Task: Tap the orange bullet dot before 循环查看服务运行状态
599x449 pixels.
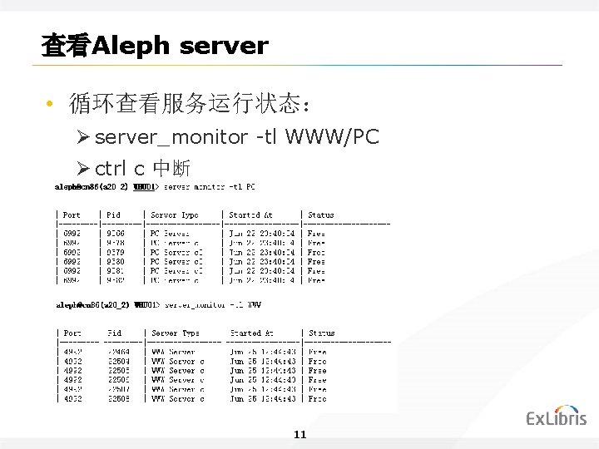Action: click(x=50, y=106)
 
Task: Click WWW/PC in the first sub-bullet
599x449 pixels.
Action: click(x=332, y=137)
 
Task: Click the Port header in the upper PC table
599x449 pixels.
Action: click(x=72, y=215)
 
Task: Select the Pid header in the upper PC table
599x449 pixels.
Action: click(x=113, y=215)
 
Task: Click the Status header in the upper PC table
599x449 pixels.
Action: click(x=320, y=215)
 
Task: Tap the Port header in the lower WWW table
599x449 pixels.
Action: click(x=72, y=333)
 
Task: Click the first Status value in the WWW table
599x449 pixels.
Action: click(x=317, y=352)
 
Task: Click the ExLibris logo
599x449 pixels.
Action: click(x=556, y=417)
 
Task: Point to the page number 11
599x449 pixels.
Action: click(x=300, y=435)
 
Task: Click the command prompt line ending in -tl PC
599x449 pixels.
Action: click(x=155, y=187)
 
